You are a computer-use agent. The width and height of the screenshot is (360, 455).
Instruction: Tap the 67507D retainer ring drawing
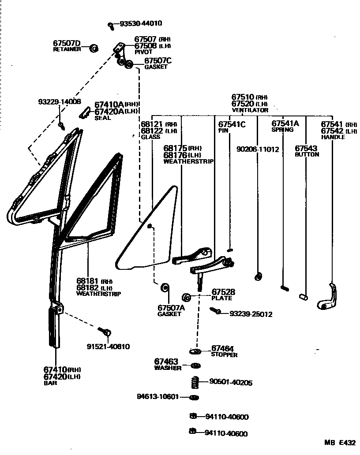(x=94, y=48)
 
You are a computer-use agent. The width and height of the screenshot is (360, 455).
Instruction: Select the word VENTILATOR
(x=250, y=110)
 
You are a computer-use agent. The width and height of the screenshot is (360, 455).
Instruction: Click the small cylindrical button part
(x=303, y=295)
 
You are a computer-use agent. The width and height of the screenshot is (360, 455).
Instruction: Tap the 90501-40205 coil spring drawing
(x=193, y=382)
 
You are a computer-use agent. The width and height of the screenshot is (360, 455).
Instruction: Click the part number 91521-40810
(x=108, y=347)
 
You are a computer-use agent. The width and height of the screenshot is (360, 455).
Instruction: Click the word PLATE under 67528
(x=221, y=298)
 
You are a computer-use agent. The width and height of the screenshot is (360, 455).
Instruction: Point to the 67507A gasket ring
(x=165, y=287)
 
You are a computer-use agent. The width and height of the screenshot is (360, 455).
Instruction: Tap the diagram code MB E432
(x=340, y=443)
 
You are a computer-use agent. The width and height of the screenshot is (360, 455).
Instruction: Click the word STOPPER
(x=224, y=355)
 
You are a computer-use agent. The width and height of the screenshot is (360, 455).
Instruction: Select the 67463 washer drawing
(x=194, y=365)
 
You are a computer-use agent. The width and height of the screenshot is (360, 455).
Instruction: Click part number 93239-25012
(x=251, y=314)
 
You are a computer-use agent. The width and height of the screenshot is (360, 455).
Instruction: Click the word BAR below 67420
(x=50, y=383)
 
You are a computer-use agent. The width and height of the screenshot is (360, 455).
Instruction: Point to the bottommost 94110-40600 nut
(x=193, y=431)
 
